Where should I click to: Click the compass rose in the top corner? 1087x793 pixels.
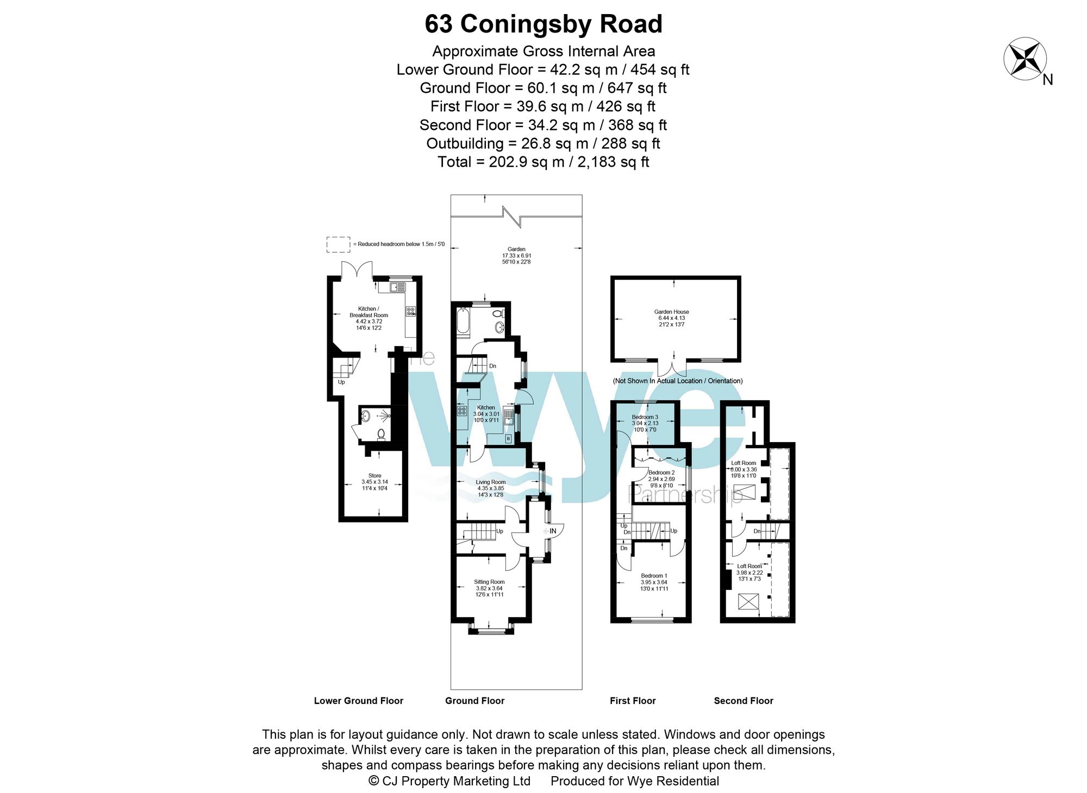point(1025,59)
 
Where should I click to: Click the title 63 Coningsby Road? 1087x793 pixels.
point(543,24)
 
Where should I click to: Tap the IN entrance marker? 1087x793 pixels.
point(552,531)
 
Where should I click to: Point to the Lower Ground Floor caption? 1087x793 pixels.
point(359,701)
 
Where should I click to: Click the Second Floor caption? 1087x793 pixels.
point(743,701)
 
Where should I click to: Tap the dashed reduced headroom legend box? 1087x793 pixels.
point(338,244)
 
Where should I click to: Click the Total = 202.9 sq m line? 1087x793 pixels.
point(543,162)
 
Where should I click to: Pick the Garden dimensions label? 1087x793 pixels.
point(516,255)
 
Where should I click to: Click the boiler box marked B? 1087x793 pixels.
point(508,438)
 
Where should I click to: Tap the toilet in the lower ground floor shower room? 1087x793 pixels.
point(382,434)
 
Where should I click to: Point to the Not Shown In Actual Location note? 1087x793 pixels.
point(677,381)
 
